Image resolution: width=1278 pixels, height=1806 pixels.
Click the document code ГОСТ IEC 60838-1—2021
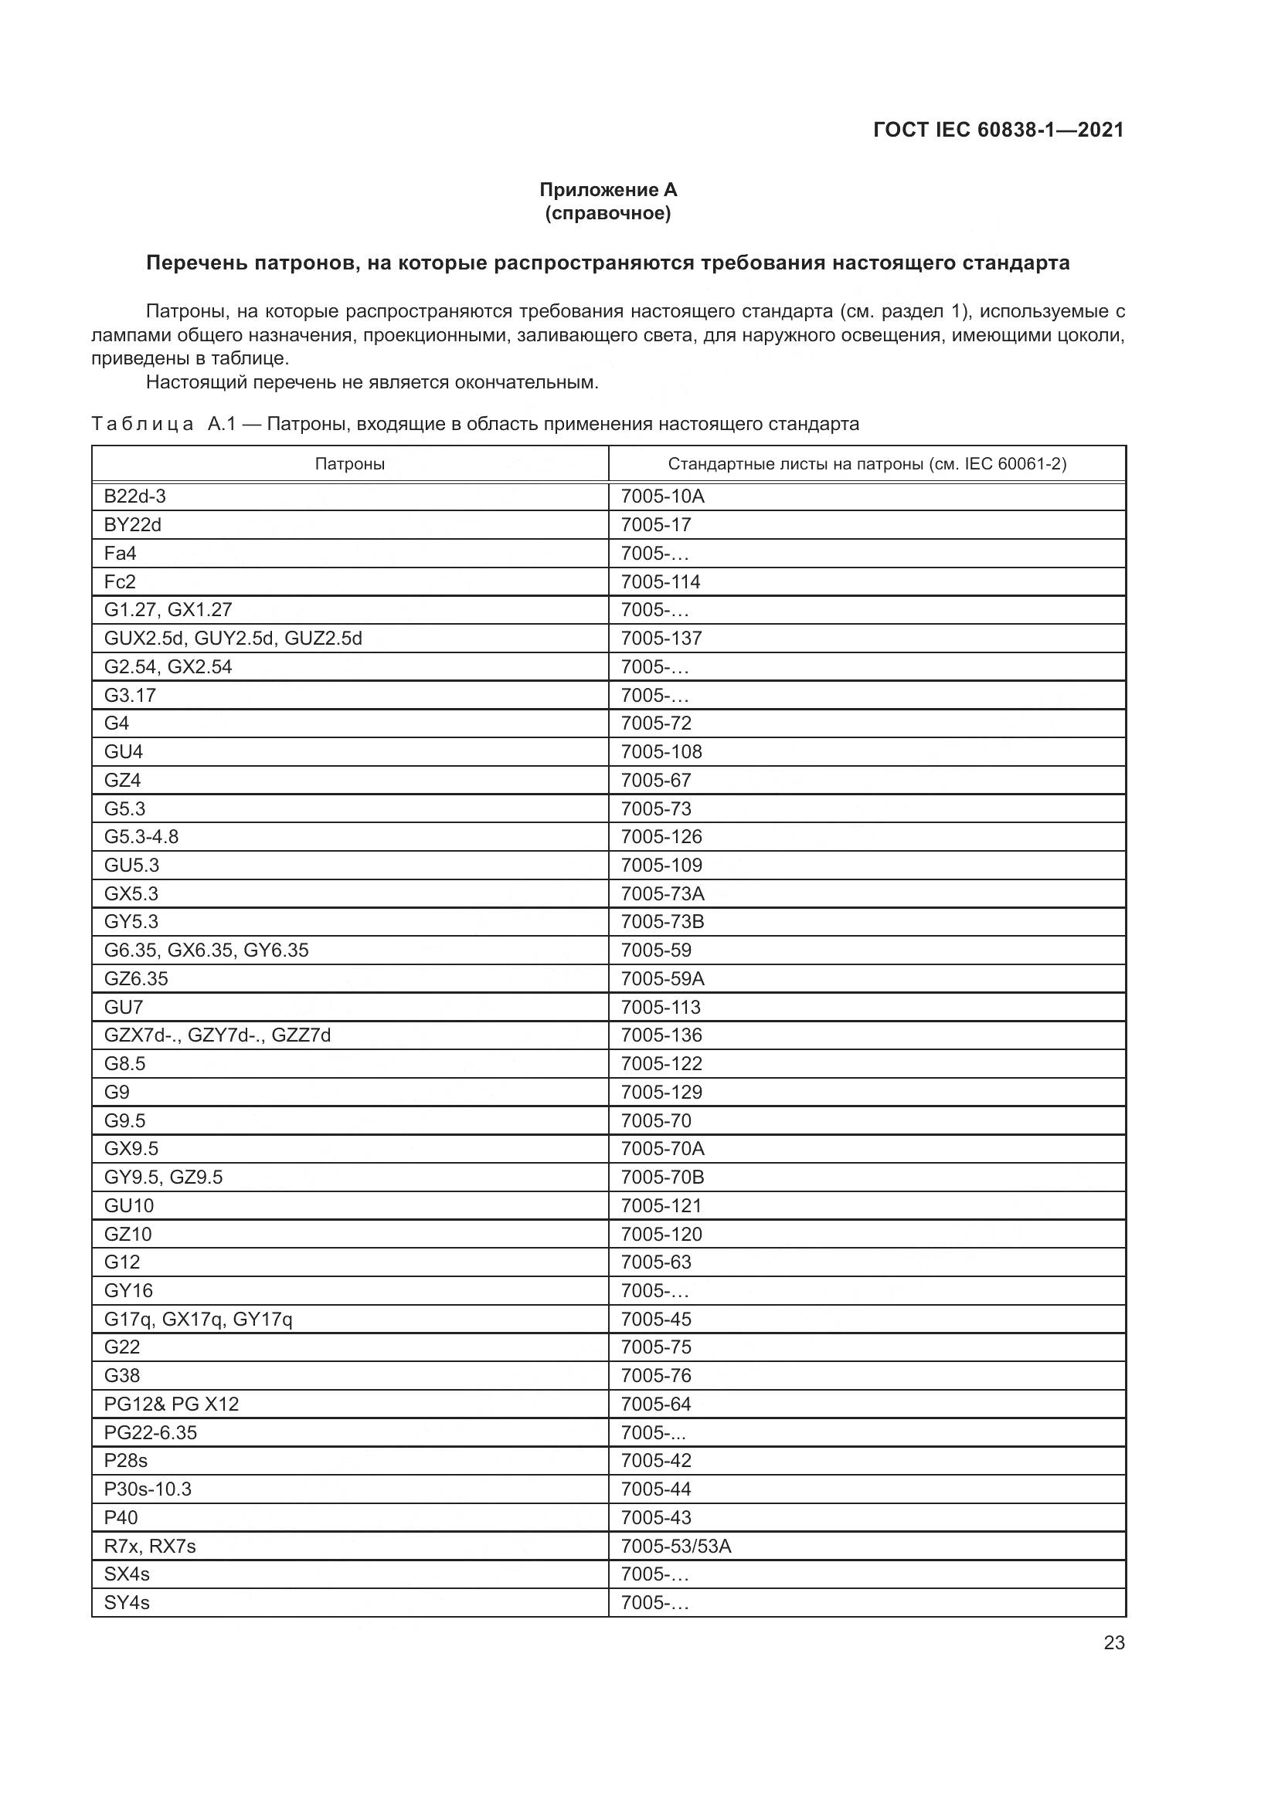pyautogui.click(x=998, y=130)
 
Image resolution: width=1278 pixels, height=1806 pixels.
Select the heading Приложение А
pyautogui.click(x=607, y=190)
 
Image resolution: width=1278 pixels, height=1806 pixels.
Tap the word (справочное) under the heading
pyautogui.click(x=607, y=213)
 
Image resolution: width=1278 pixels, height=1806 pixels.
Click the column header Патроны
pyautogui.click(x=349, y=463)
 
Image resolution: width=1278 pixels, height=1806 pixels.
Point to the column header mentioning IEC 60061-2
pyautogui.click(x=866, y=463)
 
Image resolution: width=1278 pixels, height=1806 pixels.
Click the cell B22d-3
pyautogui.click(x=134, y=496)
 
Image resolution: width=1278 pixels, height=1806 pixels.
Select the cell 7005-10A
pyautogui.click(x=662, y=496)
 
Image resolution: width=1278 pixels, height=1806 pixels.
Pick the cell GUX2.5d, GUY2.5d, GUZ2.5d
pyautogui.click(x=233, y=638)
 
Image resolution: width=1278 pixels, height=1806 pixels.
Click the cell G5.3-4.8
pyautogui.click(x=141, y=836)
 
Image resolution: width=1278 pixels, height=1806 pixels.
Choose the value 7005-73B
pyautogui.click(x=662, y=921)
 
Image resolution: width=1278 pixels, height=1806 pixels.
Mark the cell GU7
pyautogui.click(x=124, y=1007)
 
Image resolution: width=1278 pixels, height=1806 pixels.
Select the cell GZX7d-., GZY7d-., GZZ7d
pyautogui.click(x=217, y=1035)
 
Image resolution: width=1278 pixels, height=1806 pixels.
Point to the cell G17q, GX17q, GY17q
pyautogui.click(x=198, y=1319)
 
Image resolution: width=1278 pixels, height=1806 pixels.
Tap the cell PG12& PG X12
pyautogui.click(x=171, y=1404)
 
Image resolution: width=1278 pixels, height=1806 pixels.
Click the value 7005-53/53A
pyautogui.click(x=675, y=1546)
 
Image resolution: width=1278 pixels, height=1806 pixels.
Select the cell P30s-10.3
pyautogui.click(x=147, y=1489)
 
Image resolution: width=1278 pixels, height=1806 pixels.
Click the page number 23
pyautogui.click(x=1113, y=1642)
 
